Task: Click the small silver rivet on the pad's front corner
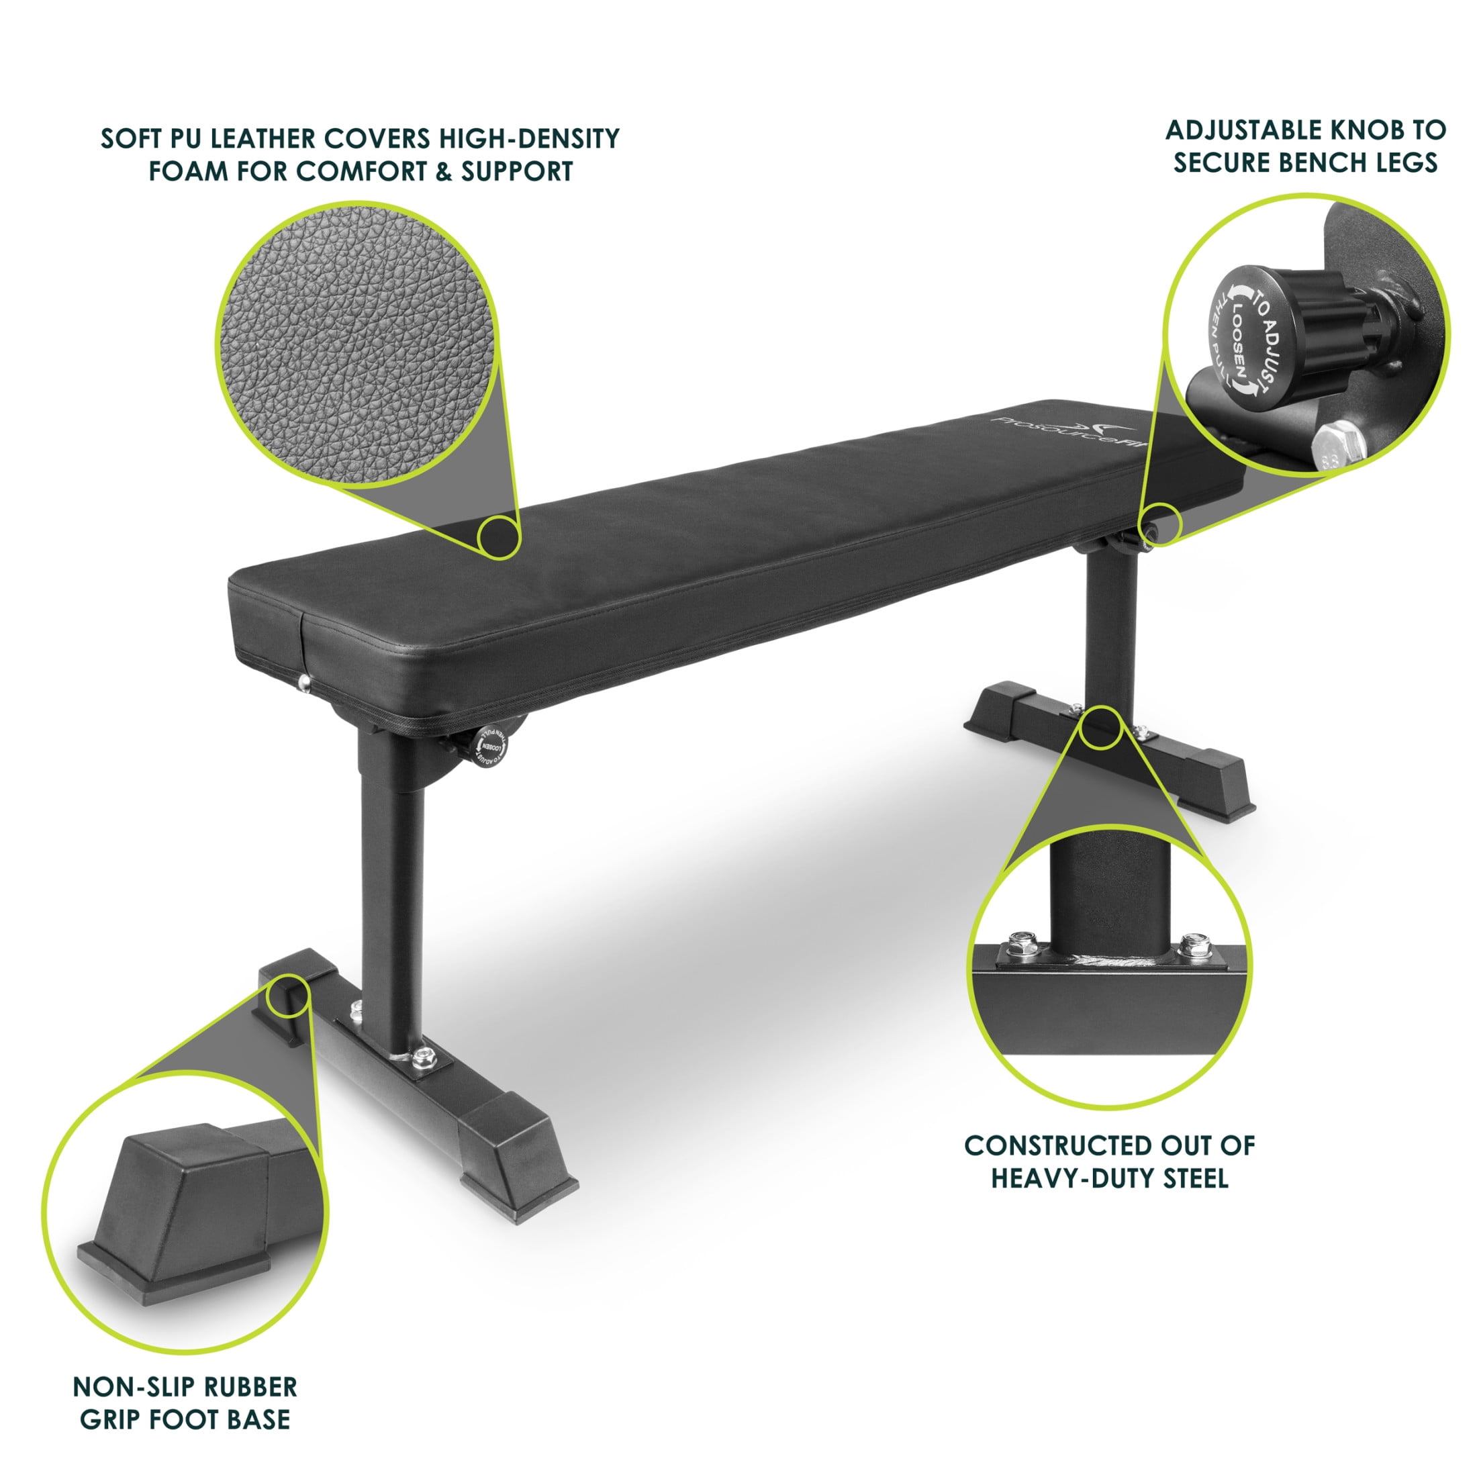coord(305,682)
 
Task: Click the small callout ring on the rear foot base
coord(1102,727)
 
